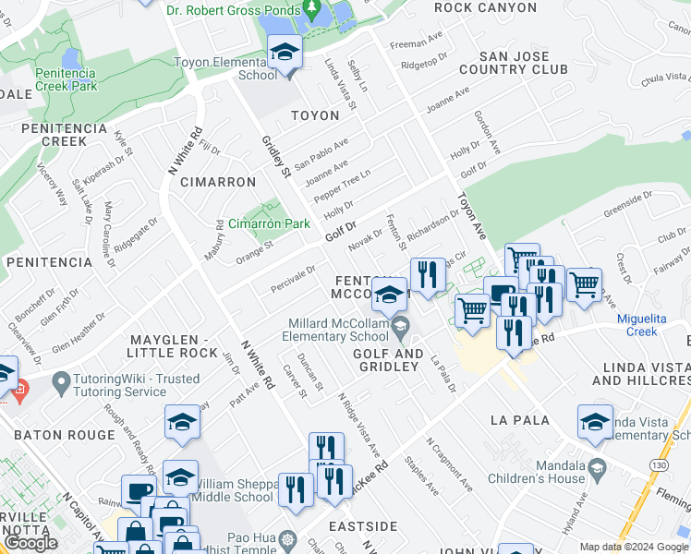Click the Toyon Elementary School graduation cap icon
coord(285,53)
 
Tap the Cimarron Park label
coord(269,223)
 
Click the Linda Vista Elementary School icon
coord(595,422)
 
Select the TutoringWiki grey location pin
coord(62,380)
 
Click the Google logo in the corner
coord(30,543)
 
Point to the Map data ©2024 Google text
coord(633,547)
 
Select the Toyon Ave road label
coord(470,216)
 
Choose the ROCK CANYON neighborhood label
coord(485,7)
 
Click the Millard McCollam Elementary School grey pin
coord(400,326)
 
